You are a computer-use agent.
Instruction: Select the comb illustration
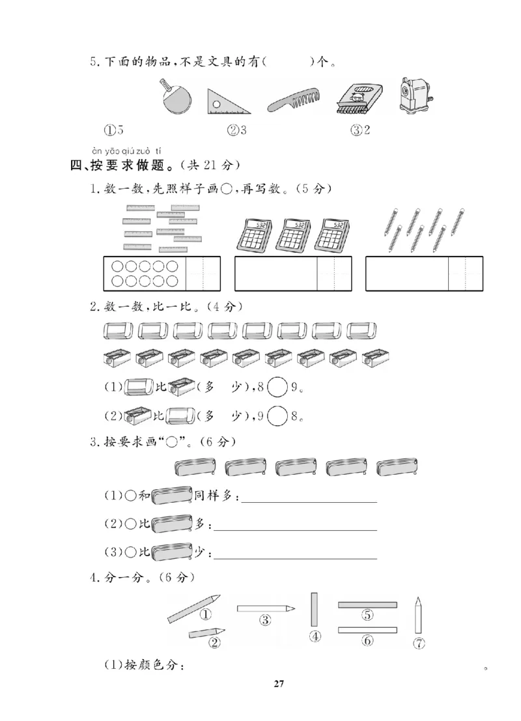[294, 102]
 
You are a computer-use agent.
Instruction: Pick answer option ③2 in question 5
[360, 130]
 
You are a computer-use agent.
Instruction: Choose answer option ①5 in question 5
[116, 130]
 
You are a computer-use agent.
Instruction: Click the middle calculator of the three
[297, 233]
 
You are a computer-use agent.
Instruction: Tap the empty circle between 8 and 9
[278, 387]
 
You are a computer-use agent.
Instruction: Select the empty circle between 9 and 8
[278, 415]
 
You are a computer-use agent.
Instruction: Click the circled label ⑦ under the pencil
[419, 644]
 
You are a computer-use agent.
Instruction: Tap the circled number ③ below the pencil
[265, 620]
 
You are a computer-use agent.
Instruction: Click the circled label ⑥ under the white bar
[367, 641]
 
